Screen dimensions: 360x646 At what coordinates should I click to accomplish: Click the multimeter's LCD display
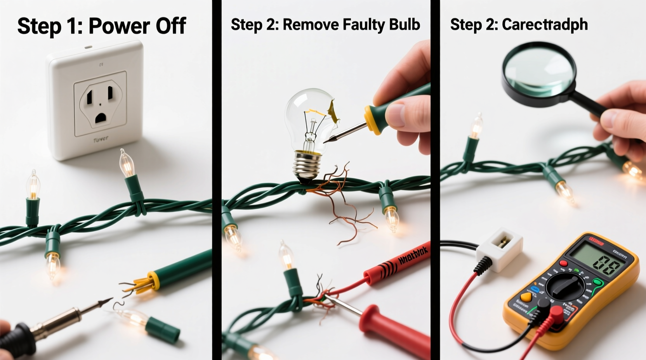coord(598,263)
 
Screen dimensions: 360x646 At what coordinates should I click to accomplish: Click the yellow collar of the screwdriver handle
coord(371,116)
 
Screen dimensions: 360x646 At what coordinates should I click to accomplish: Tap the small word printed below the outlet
coord(101,139)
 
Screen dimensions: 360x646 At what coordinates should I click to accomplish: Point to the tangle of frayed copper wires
coord(342,202)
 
